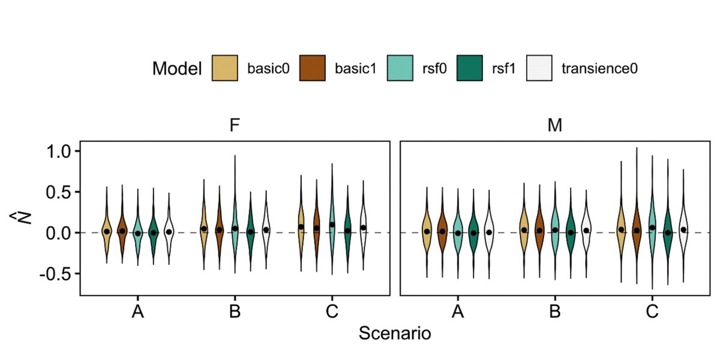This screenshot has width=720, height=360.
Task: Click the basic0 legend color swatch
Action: click(x=226, y=68)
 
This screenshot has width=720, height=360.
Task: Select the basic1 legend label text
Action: click(x=355, y=68)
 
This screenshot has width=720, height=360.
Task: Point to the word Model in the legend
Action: click(x=177, y=68)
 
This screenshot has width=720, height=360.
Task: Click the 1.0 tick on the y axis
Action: click(x=59, y=151)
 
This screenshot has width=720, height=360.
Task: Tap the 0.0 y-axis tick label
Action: click(x=59, y=232)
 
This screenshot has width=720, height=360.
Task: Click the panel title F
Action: click(x=235, y=127)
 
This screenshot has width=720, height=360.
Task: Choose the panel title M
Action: click(x=555, y=127)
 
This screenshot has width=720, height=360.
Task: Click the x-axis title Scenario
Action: click(x=395, y=333)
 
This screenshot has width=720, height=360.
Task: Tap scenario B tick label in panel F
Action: click(x=235, y=312)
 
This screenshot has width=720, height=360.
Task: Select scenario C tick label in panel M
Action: click(x=652, y=312)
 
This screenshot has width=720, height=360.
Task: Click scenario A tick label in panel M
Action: click(x=458, y=312)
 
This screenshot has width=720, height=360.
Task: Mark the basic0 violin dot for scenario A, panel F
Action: click(x=107, y=231)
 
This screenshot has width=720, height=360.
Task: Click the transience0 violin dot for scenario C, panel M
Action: click(x=683, y=229)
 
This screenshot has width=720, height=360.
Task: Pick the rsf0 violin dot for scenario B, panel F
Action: click(x=235, y=228)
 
